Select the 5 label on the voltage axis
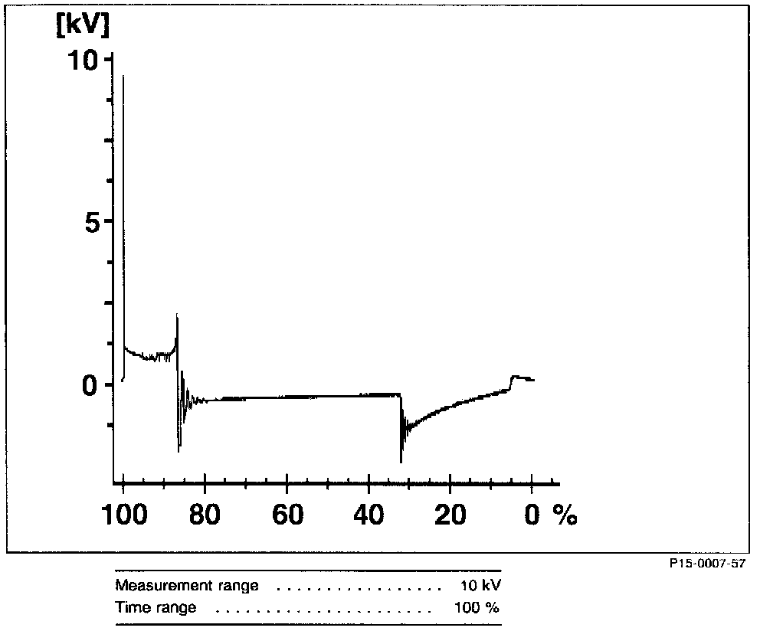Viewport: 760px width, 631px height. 92,221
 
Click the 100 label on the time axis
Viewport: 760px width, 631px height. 123,515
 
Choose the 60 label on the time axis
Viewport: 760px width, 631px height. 287,515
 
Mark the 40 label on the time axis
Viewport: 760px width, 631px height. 369,515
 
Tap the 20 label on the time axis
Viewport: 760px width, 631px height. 450,515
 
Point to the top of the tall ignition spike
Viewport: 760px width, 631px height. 124,77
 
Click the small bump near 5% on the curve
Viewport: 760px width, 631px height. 516,377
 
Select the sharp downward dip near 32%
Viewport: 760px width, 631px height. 401,459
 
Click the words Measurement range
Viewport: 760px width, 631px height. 187,587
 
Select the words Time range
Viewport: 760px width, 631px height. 156,608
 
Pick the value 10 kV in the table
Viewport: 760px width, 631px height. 480,587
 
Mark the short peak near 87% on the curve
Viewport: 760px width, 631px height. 177,315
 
